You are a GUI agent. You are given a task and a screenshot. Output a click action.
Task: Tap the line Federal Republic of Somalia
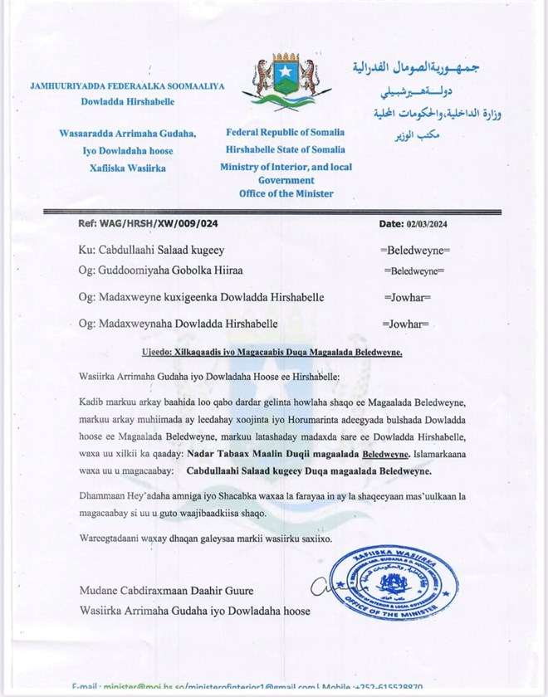coord(285,133)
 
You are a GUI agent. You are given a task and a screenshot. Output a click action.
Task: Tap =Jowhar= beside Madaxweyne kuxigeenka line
coord(406,297)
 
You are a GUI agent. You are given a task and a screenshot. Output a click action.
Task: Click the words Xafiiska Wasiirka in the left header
coord(127,168)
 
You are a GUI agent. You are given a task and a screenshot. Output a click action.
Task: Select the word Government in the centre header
coord(285,179)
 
